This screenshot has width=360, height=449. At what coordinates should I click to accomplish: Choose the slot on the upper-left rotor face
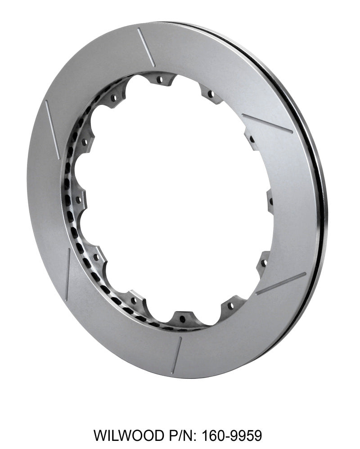(x=53, y=123)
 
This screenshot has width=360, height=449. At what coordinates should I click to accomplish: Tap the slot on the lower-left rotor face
(x=67, y=274)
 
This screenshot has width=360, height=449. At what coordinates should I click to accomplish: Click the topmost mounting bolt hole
(x=159, y=80)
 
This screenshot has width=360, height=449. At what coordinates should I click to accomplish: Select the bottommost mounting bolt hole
(x=182, y=319)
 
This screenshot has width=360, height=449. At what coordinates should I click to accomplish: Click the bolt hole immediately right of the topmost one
(x=210, y=94)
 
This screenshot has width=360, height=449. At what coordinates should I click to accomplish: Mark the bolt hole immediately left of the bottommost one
(x=133, y=300)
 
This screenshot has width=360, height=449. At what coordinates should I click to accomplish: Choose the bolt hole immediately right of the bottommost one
(x=230, y=306)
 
